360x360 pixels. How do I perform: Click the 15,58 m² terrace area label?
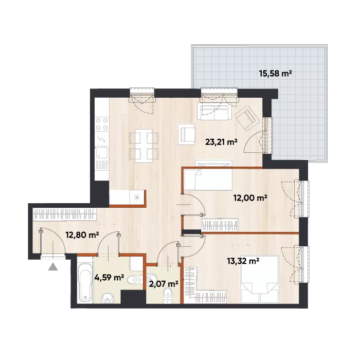click(275, 74)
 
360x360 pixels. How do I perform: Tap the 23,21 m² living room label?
click(221, 142)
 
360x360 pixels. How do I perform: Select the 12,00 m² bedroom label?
click(250, 197)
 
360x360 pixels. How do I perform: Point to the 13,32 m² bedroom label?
click(243, 261)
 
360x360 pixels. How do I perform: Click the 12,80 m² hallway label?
click(82, 235)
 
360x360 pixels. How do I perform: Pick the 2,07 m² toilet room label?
click(164, 284)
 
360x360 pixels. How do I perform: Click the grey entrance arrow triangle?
click(53, 267)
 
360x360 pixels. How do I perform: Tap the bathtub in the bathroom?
click(85, 282)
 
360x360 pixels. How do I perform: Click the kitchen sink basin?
click(102, 153)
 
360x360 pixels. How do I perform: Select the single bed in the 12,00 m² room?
click(208, 179)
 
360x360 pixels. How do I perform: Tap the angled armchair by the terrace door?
click(246, 118)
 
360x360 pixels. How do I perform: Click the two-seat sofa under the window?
click(214, 112)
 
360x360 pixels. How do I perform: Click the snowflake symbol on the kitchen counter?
click(137, 197)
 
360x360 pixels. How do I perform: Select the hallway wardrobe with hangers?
click(64, 214)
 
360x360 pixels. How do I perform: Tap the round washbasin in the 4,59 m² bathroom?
click(107, 298)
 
